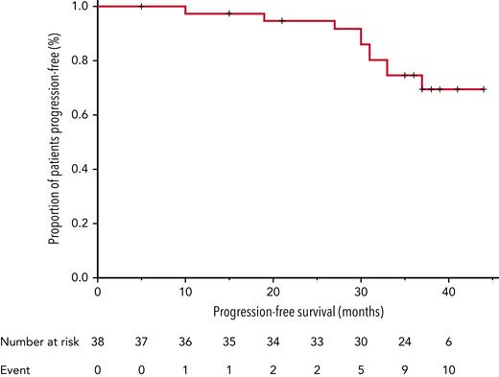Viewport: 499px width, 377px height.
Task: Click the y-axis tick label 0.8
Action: point(79,60)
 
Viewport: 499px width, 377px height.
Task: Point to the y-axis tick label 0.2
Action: point(79,224)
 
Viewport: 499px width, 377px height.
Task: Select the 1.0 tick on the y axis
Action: point(79,7)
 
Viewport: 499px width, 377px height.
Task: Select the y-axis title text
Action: point(55,141)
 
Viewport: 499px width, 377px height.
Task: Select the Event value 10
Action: point(448,366)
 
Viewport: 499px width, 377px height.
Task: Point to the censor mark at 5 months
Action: point(141,6)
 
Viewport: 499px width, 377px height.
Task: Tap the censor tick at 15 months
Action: point(229,13)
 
